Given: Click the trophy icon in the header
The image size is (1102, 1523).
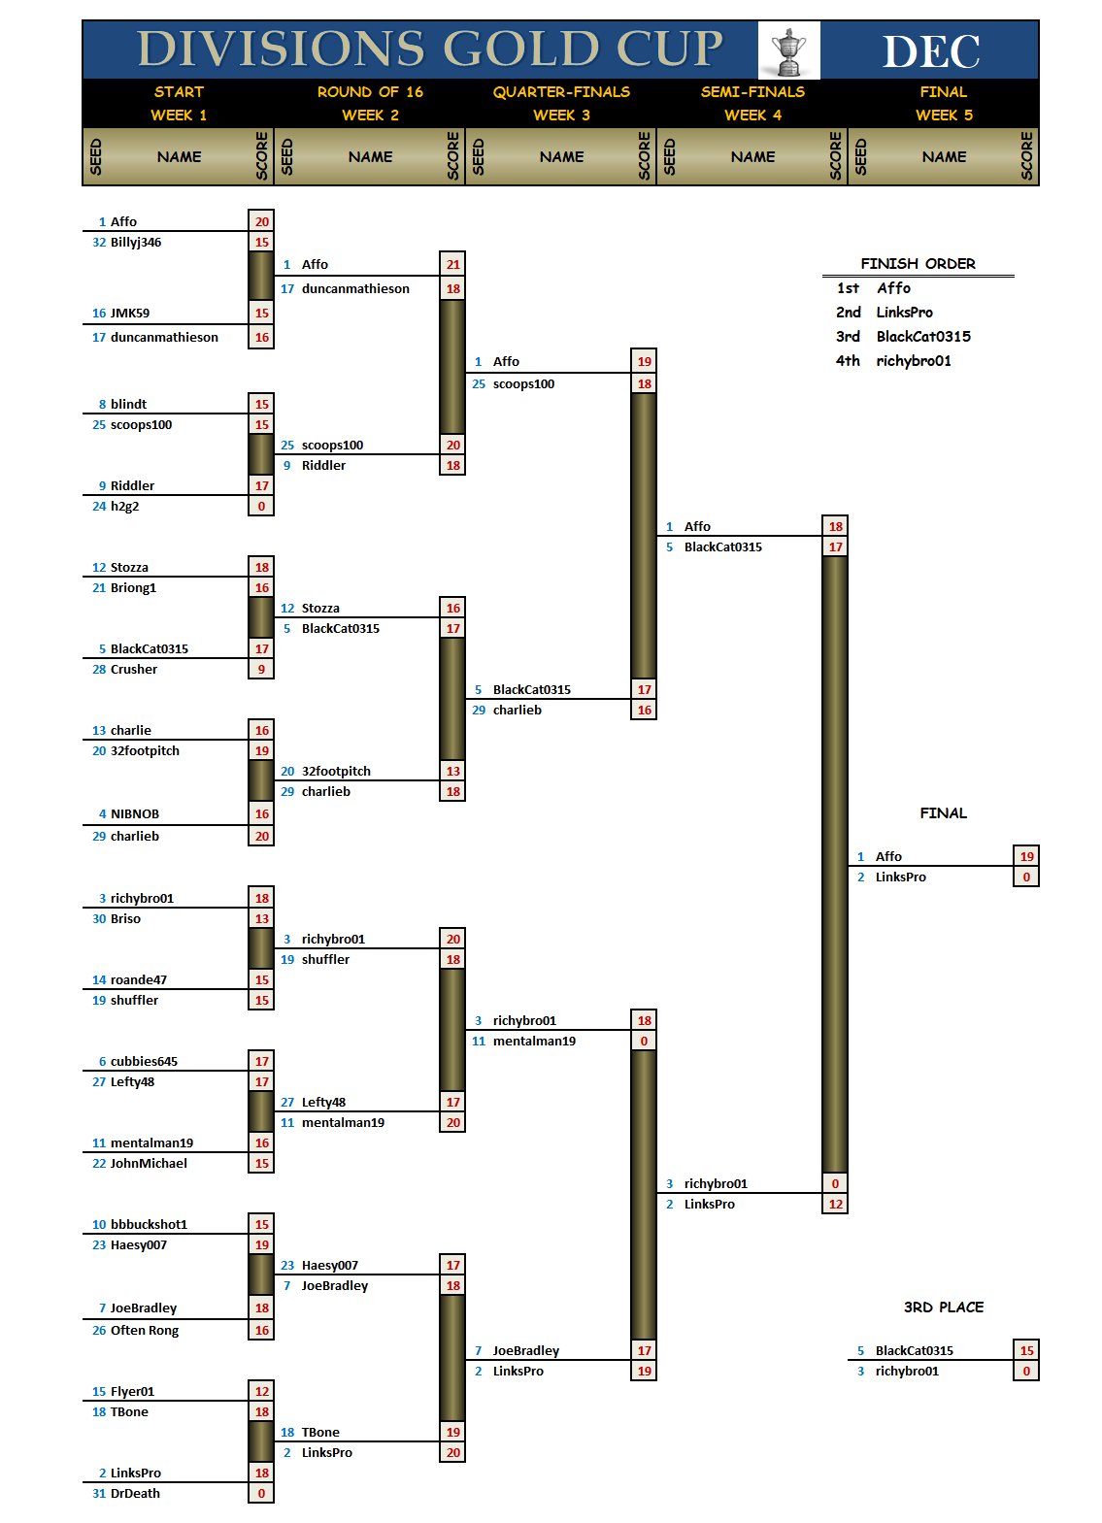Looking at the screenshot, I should tap(788, 50).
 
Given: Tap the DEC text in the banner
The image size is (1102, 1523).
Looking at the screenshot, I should tap(930, 51).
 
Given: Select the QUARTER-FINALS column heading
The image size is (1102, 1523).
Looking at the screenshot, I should tap(561, 92).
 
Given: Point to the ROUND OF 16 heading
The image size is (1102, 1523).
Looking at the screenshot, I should tap(370, 92).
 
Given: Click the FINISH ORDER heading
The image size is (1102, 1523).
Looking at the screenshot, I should tap(918, 264).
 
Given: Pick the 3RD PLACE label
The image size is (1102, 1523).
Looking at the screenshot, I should tap(943, 1308).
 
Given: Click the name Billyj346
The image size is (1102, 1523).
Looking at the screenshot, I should tap(136, 243).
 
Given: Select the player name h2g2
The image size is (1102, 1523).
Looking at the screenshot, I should tap(124, 507).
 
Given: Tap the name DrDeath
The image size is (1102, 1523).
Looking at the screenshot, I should tap(135, 1494).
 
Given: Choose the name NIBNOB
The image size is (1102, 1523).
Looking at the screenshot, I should tap(135, 814).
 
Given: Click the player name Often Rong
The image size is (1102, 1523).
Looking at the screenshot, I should tap(145, 1331).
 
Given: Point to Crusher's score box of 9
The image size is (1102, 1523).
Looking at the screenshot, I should tap(261, 670).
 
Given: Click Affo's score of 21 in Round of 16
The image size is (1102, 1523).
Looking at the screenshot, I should tap(452, 265).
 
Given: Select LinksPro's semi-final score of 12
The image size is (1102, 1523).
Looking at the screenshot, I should tap(835, 1205).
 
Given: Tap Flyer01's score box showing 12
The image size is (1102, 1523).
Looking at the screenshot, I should tap(261, 1392).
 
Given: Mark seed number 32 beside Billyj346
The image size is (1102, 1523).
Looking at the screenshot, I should tap(99, 243).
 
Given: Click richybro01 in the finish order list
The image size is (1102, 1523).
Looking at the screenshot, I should tap(914, 361).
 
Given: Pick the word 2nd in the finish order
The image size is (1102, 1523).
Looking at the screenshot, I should tap(848, 313).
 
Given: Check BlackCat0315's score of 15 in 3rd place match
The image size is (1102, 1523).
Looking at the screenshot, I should tap(1026, 1351).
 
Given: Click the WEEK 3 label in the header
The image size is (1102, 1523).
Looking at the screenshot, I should tap(561, 116).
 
